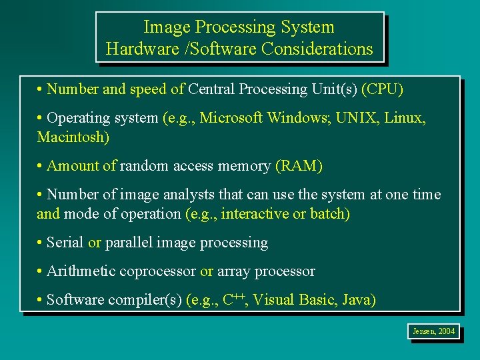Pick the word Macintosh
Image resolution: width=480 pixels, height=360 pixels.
pos(73,137)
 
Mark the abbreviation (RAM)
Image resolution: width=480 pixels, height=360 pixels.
pos(299,166)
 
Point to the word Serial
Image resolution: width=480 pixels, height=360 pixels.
pos(65,243)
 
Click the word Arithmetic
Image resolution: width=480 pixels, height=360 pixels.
pos(82,271)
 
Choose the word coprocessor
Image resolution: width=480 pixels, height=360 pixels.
pos(157,272)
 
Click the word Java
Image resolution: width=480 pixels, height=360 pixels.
pos(358,300)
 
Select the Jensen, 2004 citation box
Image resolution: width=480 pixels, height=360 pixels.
pos(433,331)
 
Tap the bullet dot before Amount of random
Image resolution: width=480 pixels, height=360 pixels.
pos(41,166)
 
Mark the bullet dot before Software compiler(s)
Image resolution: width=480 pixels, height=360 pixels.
pos(41,300)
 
